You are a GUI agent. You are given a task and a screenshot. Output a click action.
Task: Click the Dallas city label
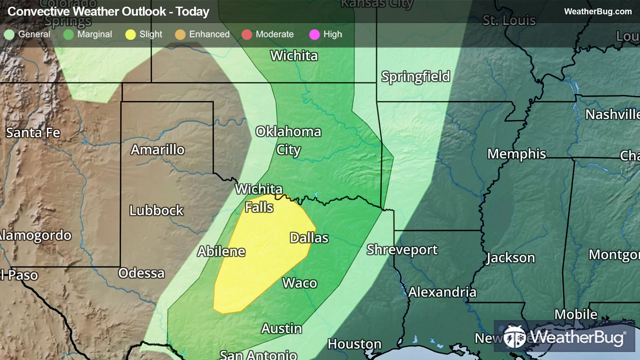[309, 238]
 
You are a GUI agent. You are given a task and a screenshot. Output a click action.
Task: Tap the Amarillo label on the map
[158, 150]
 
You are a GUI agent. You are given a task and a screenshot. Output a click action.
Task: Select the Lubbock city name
[157, 210]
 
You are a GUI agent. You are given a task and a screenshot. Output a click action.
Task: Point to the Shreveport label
[402, 250]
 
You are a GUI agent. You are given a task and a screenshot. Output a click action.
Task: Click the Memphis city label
[517, 154]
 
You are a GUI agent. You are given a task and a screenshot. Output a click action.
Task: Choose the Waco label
[300, 283]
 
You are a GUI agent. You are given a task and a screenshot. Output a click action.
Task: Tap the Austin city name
[282, 328]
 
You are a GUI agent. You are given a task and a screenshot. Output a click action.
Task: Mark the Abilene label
[221, 252]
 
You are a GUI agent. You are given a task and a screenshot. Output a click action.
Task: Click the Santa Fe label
[33, 133]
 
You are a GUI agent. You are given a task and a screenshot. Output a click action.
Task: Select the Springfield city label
[416, 77]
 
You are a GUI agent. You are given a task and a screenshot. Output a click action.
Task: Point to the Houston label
[355, 344]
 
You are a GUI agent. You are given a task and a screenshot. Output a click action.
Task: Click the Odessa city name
[142, 273]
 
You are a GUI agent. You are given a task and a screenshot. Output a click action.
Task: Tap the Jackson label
[510, 258]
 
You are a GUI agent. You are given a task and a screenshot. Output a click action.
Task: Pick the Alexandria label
[442, 292]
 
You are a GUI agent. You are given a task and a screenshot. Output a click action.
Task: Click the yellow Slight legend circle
[131, 35]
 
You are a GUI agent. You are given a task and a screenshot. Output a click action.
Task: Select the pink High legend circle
[314, 35]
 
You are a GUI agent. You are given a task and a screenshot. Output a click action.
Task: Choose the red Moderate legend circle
[247, 35]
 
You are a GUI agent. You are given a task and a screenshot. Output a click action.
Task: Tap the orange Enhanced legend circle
[180, 35]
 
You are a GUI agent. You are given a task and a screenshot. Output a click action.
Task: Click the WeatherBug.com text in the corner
[598, 12]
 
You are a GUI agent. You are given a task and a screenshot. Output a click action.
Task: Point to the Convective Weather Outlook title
[108, 12]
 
